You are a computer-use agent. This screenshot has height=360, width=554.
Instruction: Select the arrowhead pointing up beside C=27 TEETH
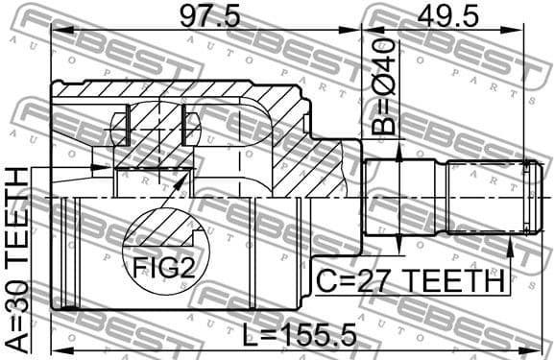pyautogui.click(x=509, y=252)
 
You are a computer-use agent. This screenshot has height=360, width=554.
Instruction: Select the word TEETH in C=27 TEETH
pyautogui.click(x=460, y=282)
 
